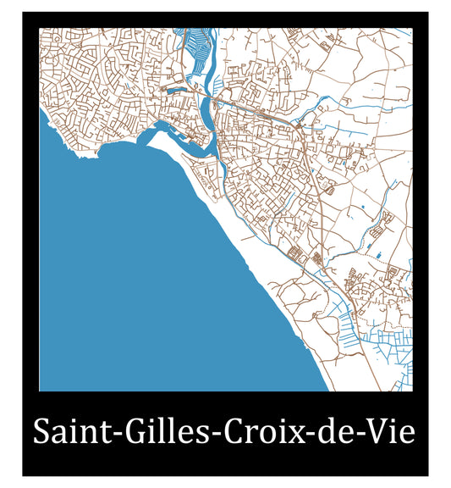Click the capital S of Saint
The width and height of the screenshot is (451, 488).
tap(41, 432)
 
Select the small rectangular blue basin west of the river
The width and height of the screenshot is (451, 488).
tap(177, 87)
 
